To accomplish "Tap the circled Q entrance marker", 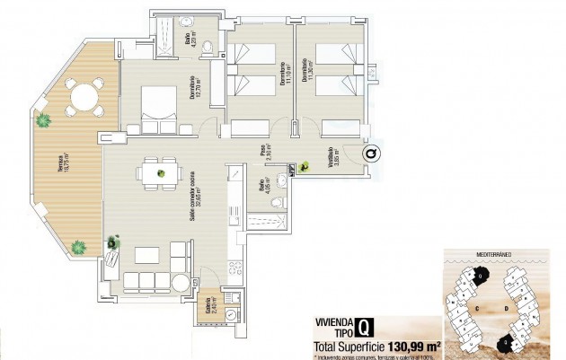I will point(371,154).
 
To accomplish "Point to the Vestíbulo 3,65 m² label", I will point(333,159).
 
